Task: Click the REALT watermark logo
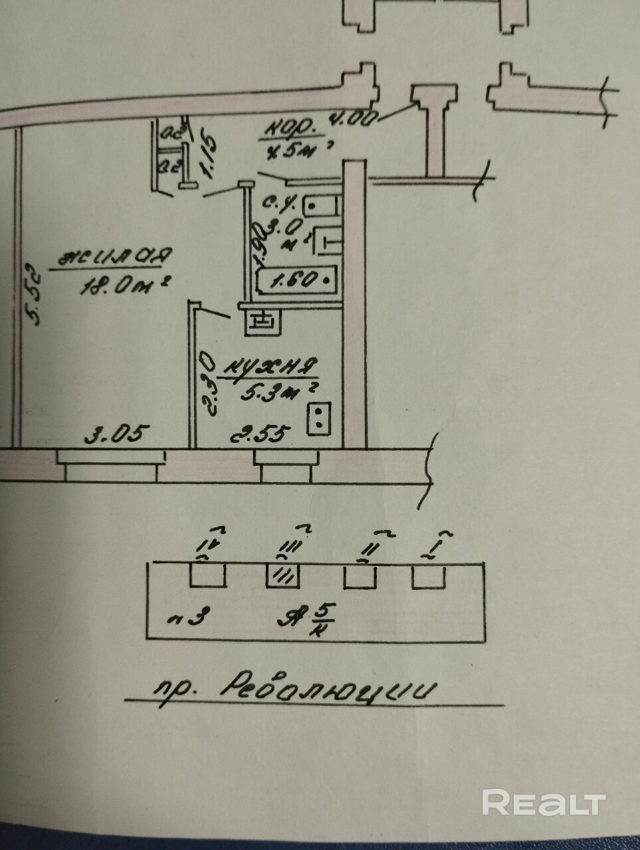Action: click(544, 802)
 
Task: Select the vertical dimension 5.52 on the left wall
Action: click(35, 296)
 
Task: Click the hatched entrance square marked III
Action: click(284, 575)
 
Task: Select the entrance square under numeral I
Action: click(429, 575)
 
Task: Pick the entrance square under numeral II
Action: click(361, 575)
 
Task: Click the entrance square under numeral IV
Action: click(208, 575)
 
